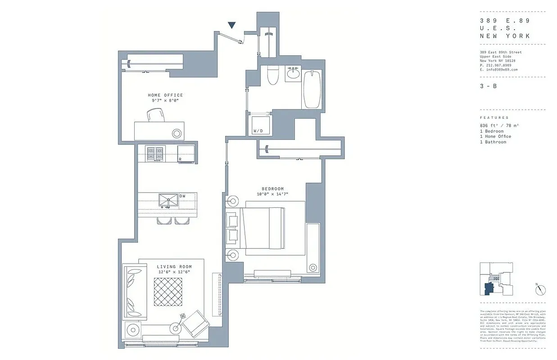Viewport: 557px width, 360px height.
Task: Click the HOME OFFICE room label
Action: tap(165, 95)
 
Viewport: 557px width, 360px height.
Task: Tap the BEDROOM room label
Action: tap(272, 189)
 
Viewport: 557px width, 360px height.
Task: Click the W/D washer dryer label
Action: tap(258, 131)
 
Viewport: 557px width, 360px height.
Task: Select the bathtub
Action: tap(312, 89)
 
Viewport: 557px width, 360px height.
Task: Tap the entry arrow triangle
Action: tap(232, 26)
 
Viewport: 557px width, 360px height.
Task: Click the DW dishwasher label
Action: tap(182, 196)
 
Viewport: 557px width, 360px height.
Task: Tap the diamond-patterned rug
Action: tap(168, 292)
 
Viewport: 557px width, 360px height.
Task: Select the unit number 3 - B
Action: tap(488, 86)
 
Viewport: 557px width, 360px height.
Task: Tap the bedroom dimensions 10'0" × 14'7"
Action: tap(272, 194)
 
